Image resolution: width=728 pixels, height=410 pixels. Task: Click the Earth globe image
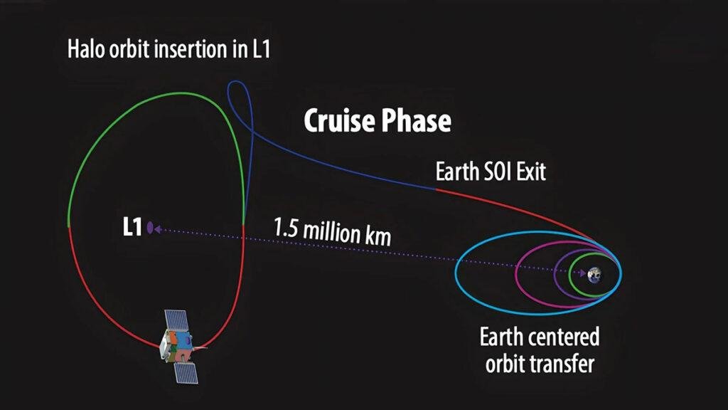tap(594, 275)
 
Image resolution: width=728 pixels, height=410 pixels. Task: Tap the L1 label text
tap(132, 227)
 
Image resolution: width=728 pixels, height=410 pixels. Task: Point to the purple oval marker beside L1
tap(150, 228)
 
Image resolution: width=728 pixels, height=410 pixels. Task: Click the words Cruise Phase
tap(378, 120)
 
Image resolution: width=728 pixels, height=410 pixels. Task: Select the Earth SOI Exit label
tap(491, 172)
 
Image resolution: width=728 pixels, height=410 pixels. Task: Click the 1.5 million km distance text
tap(333, 231)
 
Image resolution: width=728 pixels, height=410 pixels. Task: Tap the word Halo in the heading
tap(86, 49)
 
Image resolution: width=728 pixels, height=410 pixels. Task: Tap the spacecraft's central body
tap(176, 347)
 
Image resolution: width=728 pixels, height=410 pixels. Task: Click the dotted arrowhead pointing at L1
tap(157, 229)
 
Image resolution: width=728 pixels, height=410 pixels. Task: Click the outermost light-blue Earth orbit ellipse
tap(456, 273)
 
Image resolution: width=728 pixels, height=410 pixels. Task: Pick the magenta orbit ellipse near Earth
tap(516, 274)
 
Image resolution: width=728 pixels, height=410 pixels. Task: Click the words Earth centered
tap(540, 337)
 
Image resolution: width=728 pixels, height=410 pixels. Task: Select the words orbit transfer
tap(540, 363)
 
